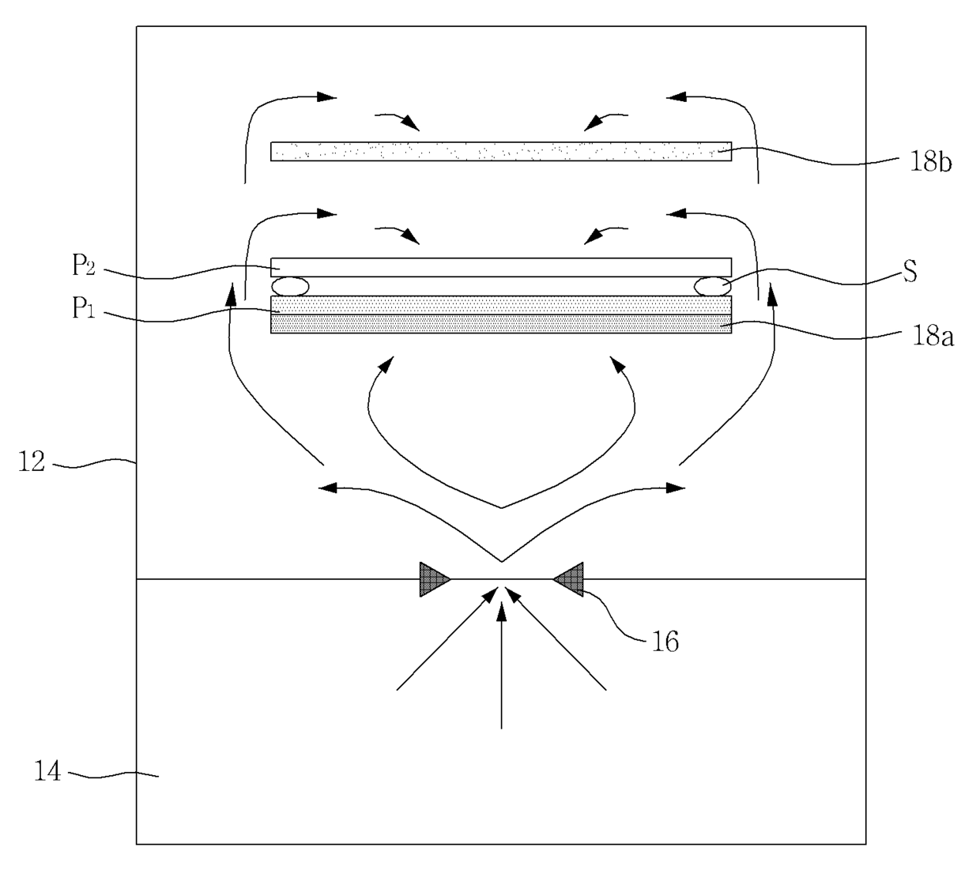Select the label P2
(84, 266)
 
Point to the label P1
(84, 307)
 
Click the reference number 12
(32, 461)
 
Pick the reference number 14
(47, 770)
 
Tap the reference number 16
(665, 642)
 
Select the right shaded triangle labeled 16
(568, 579)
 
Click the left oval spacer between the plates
(290, 286)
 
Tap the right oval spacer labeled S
(713, 286)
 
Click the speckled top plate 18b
(501, 152)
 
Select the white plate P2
(501, 267)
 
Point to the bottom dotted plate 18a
(501, 324)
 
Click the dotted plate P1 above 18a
(501, 305)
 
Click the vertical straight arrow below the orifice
(502, 665)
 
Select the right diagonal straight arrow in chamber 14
(556, 638)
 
